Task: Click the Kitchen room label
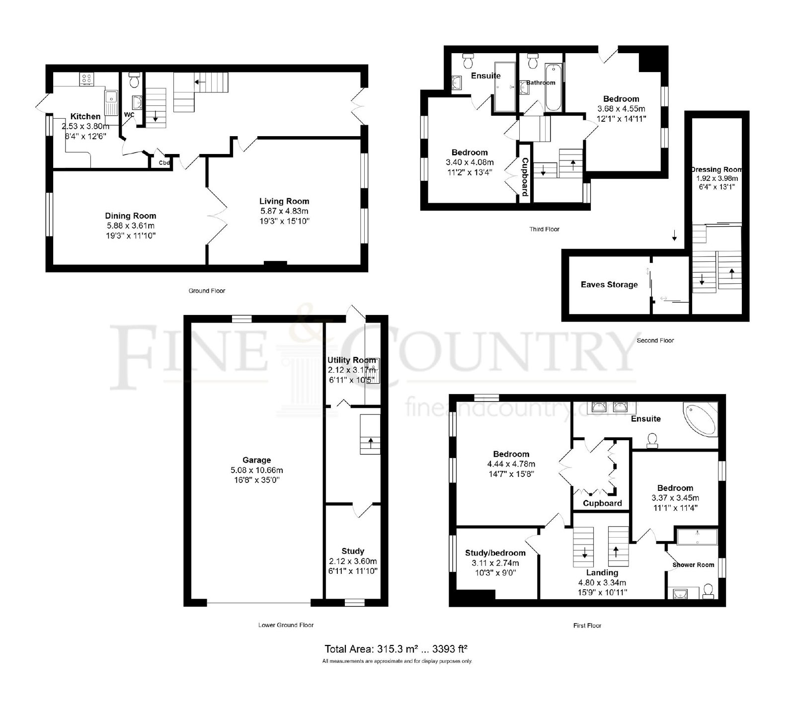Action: [85, 116]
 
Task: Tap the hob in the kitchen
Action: [86, 79]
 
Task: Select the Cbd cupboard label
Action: [164, 162]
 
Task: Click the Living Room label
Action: [284, 201]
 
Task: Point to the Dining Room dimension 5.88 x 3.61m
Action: [131, 226]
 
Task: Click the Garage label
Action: [257, 460]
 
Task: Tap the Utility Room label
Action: [352, 360]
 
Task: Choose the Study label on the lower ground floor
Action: [353, 551]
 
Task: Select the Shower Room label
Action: [693, 565]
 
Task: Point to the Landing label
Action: [602, 573]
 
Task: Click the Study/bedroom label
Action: [495, 553]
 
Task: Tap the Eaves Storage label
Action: [609, 285]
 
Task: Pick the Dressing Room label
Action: [716, 169]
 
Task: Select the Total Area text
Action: [397, 649]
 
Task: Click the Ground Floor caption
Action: [207, 291]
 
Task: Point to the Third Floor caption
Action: [544, 229]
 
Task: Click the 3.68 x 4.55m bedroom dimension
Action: [621, 108]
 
